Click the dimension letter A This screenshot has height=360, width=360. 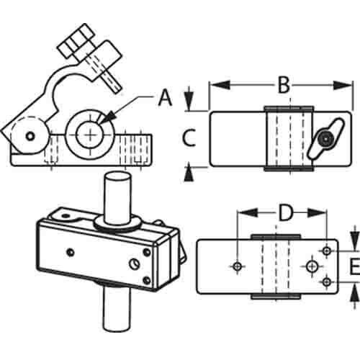tap(166, 98)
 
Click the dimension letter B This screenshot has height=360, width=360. tap(284, 85)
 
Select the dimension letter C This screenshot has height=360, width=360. tap(189, 138)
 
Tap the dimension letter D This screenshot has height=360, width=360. tap(286, 212)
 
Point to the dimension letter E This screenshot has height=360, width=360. tap(354, 266)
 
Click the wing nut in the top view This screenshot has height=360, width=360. tap(325, 139)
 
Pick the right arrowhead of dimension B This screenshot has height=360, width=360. tap(343, 85)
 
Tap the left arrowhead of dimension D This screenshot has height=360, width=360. tap(247, 212)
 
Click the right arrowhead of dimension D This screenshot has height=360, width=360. tap(317, 213)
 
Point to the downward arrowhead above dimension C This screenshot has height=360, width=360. tap(189, 102)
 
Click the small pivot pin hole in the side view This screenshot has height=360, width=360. tap(30, 136)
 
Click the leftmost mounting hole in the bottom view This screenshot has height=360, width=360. tap(238, 266)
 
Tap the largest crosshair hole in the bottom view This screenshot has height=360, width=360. tap(312, 266)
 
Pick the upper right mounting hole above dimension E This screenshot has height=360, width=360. tap(326, 251)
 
